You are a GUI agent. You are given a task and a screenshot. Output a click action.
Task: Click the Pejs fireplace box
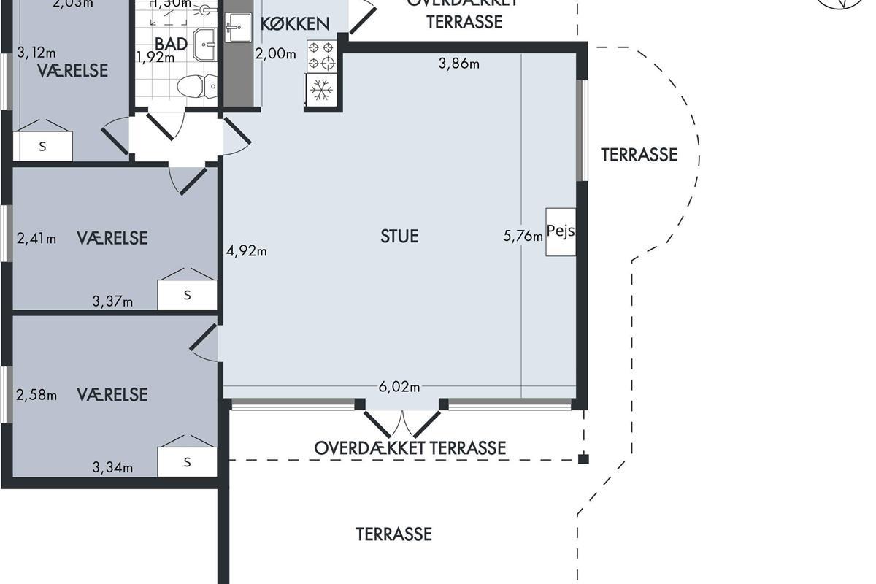point(561,231)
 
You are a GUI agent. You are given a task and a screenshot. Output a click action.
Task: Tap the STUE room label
point(399,237)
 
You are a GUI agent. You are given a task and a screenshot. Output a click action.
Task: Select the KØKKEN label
point(295,24)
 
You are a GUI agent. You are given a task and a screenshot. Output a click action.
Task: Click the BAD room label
point(172,43)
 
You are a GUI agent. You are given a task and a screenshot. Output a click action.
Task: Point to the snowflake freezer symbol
point(322,91)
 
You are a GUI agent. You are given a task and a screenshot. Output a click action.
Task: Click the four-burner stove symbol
point(322,56)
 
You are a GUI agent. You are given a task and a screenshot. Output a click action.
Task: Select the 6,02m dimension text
point(399,387)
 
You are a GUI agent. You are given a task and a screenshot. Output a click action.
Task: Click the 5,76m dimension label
point(523,235)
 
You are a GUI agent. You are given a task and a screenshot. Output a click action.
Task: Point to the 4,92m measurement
point(247,251)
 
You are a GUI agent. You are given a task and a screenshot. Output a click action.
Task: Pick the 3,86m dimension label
point(458,64)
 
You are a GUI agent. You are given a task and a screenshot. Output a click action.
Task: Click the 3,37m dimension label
point(112,301)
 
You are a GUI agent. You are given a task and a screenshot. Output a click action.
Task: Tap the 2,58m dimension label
point(36,395)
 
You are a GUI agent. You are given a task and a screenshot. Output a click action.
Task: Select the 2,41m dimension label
point(36,238)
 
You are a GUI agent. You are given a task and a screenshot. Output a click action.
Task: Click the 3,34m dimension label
point(112,467)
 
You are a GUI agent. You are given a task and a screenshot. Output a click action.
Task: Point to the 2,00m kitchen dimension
point(275,53)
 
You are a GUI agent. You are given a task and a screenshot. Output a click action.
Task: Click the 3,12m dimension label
point(36,52)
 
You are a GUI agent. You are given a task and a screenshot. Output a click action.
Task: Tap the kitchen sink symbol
point(235,30)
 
